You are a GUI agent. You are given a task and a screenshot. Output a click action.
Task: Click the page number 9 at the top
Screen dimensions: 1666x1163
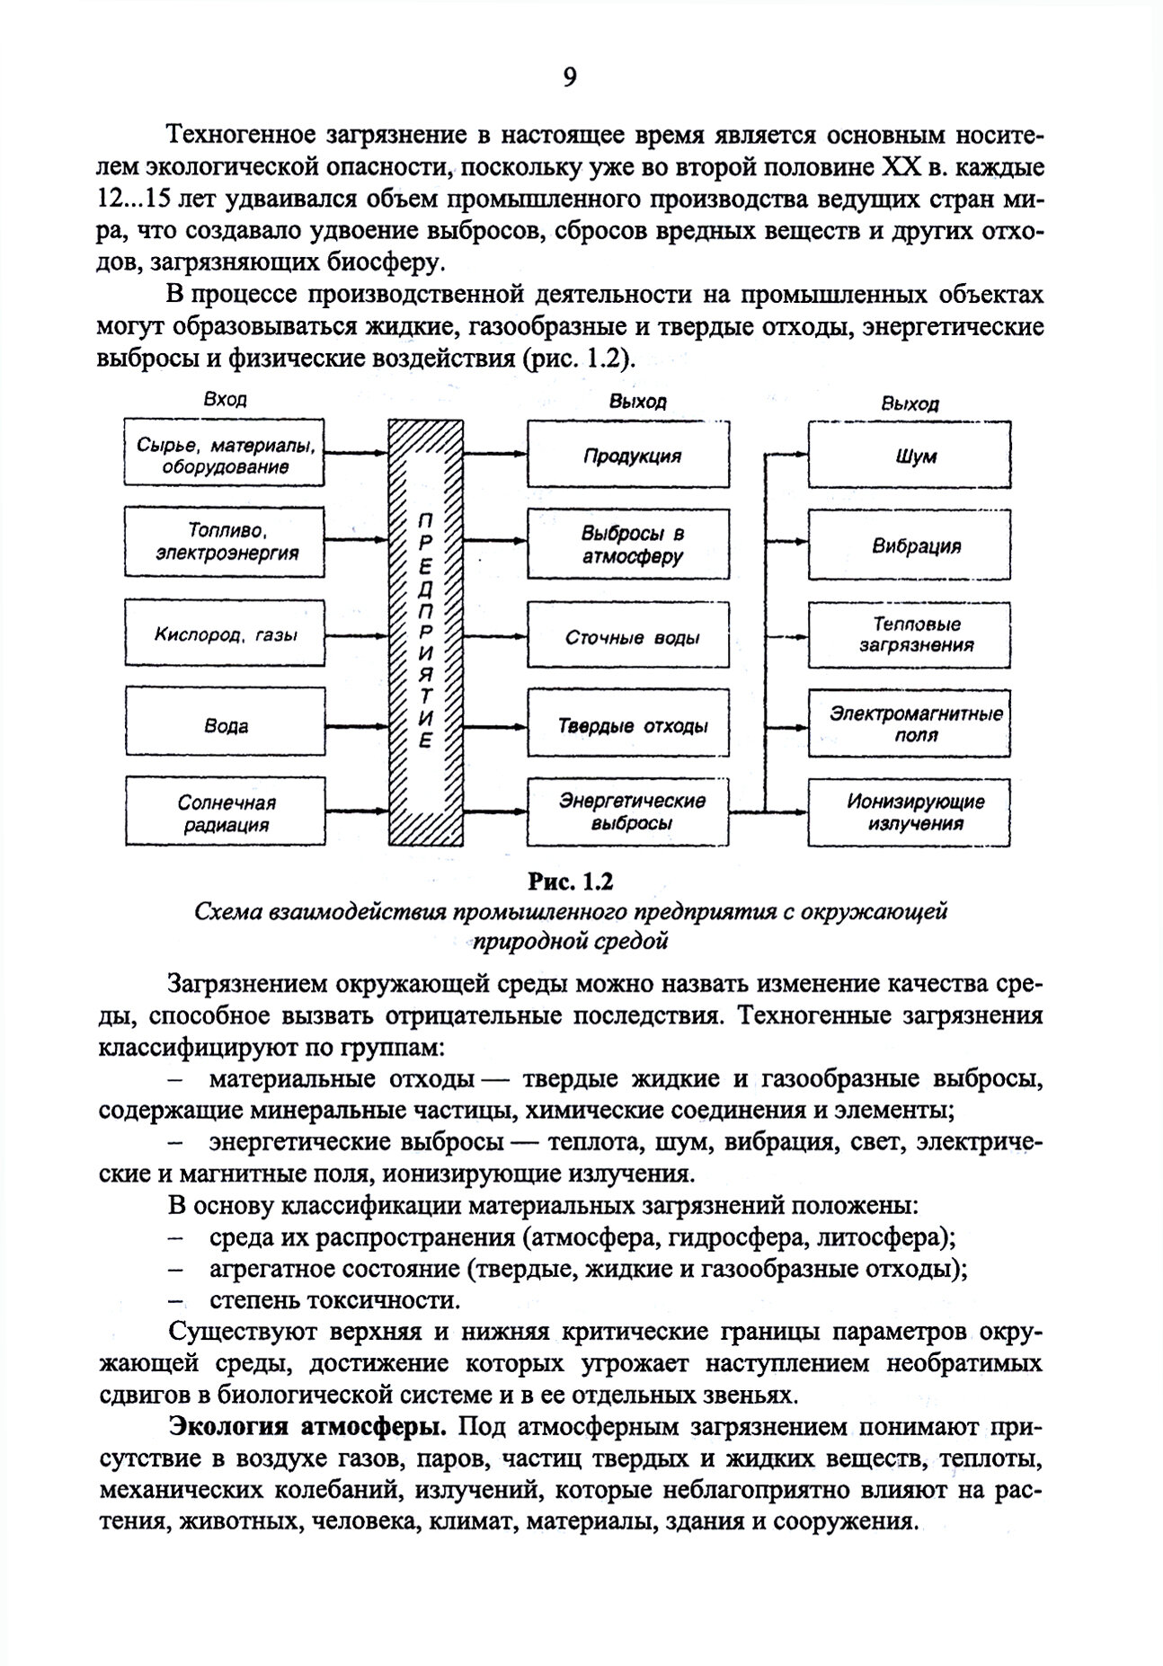click(x=569, y=79)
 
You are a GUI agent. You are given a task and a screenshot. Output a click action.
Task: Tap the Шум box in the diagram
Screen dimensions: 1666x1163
click(x=916, y=455)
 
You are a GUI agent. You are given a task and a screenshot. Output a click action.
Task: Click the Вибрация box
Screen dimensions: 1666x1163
click(x=916, y=545)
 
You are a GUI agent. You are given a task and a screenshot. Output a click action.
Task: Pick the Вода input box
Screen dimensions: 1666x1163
click(x=226, y=725)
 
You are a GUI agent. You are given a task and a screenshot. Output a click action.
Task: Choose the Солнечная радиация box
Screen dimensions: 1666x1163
click(x=226, y=813)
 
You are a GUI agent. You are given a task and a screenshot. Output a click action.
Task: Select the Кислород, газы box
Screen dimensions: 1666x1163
click(x=226, y=635)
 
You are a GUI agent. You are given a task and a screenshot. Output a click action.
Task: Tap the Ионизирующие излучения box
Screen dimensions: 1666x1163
click(x=916, y=812)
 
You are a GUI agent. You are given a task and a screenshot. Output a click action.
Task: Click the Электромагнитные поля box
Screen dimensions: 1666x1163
click(x=916, y=724)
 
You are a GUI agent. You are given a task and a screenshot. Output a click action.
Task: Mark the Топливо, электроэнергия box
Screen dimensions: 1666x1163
click(x=226, y=542)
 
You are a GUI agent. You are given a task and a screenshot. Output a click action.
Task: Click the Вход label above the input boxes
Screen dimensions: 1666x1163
click(x=225, y=400)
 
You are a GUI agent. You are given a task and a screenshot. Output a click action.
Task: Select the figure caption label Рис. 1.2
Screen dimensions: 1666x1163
click(x=570, y=881)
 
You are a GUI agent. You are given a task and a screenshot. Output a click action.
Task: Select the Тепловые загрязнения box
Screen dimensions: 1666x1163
click(x=916, y=634)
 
